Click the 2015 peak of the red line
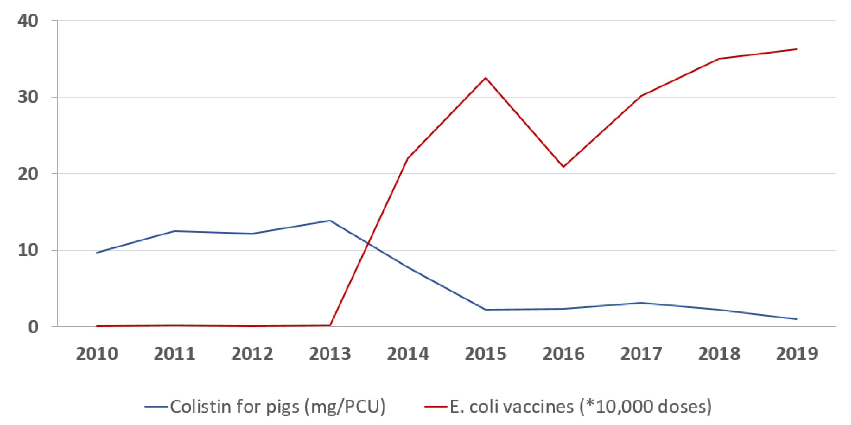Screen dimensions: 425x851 (x=486, y=78)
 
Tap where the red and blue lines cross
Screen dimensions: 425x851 (x=368, y=243)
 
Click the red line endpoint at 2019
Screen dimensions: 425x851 (x=797, y=49)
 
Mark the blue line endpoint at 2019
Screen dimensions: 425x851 (x=797, y=319)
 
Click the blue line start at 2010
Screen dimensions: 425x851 (x=96, y=253)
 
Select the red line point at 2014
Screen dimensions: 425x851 (x=408, y=158)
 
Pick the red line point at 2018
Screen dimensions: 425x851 (x=719, y=59)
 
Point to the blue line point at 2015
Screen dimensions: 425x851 (x=486, y=310)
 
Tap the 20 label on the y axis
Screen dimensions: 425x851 (x=28, y=174)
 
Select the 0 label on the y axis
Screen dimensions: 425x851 (x=33, y=327)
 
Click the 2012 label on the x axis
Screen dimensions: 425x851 (x=252, y=354)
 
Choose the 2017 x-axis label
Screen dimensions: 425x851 (x=641, y=354)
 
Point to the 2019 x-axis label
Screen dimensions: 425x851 (x=797, y=354)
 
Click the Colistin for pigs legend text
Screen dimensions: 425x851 (x=278, y=407)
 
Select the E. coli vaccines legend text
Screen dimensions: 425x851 (x=581, y=407)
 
